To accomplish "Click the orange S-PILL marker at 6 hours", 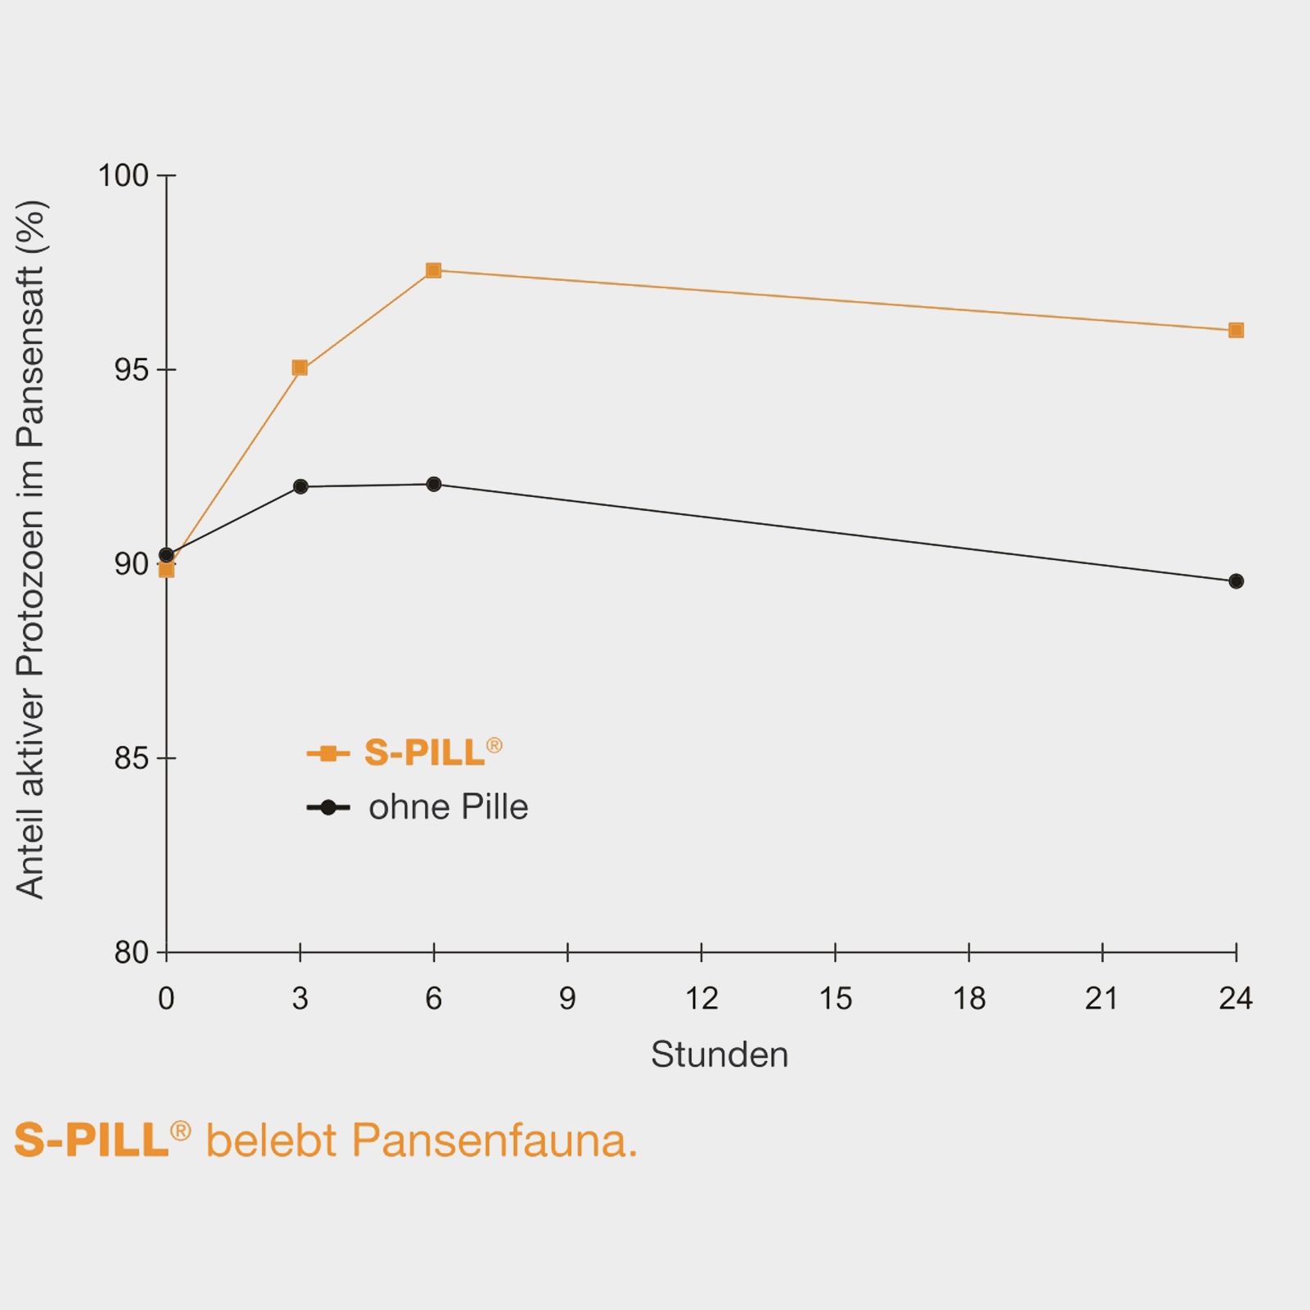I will pos(433,270).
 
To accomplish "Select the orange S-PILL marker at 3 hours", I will pos(300,368).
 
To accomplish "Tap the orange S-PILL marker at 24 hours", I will pos(1236,330).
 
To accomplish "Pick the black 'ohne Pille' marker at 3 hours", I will pos(300,486).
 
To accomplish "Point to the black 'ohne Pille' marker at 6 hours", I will pos(434,484).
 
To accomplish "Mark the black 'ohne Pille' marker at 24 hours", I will pos(1236,581).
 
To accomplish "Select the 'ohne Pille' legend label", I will pos(448,807).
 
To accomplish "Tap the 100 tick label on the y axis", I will pos(123,175).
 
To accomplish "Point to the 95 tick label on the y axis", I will pos(131,370).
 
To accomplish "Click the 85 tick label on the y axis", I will pos(131,759).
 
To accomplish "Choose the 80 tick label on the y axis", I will pos(131,953).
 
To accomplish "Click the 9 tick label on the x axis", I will pos(567,999).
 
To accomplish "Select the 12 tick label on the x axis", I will pos(701,999).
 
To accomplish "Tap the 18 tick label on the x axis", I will pos(969,999).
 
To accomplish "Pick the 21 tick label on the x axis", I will pos(1102,999).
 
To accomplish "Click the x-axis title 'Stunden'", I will pos(719,1055).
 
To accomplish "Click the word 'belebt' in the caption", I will pos(271,1140).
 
